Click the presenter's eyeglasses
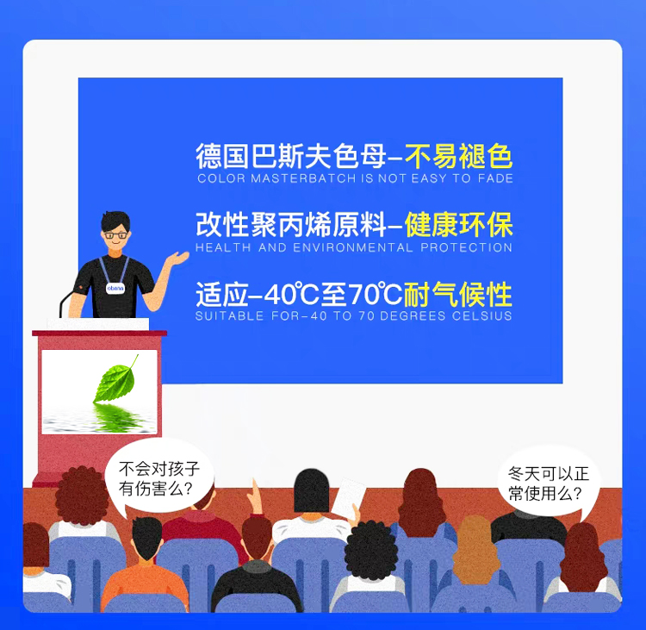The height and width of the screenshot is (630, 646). (115, 235)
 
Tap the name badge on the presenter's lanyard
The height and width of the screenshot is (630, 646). (115, 288)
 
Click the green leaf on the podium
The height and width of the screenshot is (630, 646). (115, 378)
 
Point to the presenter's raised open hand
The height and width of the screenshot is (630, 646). (177, 259)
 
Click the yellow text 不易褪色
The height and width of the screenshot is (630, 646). (459, 156)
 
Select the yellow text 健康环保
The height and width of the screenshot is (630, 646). (459, 225)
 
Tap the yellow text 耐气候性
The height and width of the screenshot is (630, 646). (457, 295)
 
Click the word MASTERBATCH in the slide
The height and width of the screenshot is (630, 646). (303, 178)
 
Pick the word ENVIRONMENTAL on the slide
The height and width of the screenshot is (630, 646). (353, 247)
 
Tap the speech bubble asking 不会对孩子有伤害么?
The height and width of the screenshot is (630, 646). (158, 477)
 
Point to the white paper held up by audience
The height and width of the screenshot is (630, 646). (349, 498)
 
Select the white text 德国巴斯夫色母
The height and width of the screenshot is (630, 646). (291, 156)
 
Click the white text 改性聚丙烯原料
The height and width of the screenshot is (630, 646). (291, 225)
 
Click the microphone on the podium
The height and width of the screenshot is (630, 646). (67, 303)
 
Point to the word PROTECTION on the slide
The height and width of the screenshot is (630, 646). (466, 247)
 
